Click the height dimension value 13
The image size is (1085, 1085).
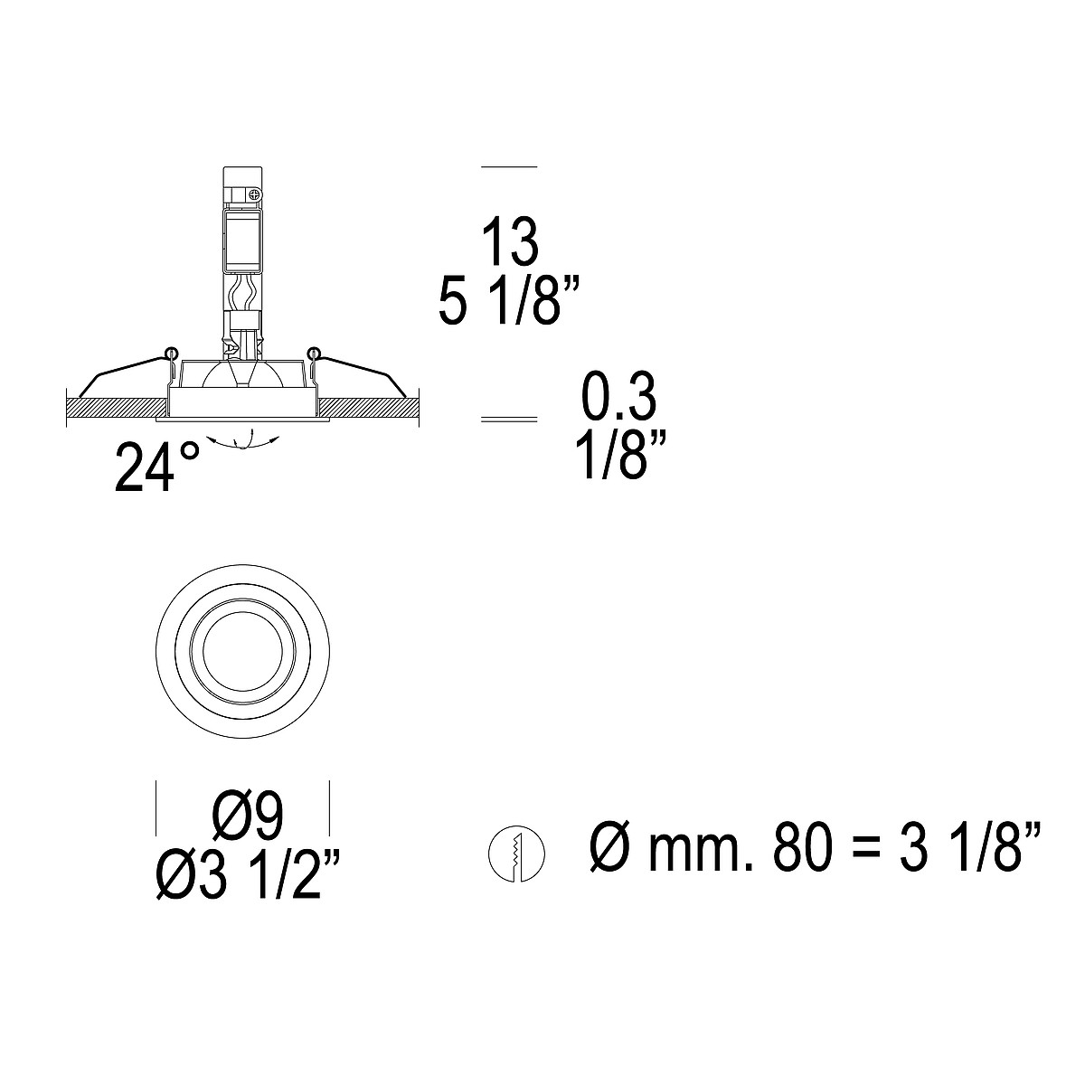coord(510,241)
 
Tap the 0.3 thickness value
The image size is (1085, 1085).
coord(618,396)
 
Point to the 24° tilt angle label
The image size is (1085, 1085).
coord(157,467)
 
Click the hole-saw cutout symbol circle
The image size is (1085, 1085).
coord(516,854)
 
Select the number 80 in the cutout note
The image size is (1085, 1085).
coord(802,854)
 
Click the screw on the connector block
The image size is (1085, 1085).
coord(254,194)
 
